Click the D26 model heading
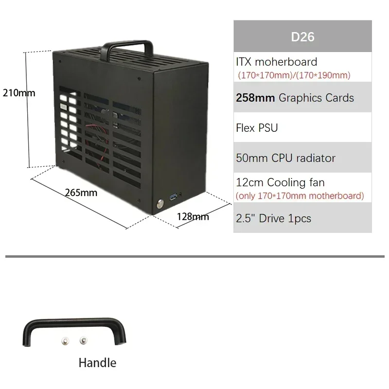point(302,37)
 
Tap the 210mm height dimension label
point(19,92)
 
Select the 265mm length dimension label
point(81,193)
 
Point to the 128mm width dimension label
point(193,217)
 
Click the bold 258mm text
point(255,98)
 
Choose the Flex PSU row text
point(257,128)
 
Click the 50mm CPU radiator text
point(285,158)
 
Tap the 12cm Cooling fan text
point(280,183)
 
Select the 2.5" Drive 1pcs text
point(273,218)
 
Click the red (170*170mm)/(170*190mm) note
point(294,75)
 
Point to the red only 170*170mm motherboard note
point(300,196)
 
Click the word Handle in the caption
point(97,363)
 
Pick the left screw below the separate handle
point(65,341)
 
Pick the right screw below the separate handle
point(83,341)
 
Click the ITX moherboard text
point(276,62)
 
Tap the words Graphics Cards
point(316,98)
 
